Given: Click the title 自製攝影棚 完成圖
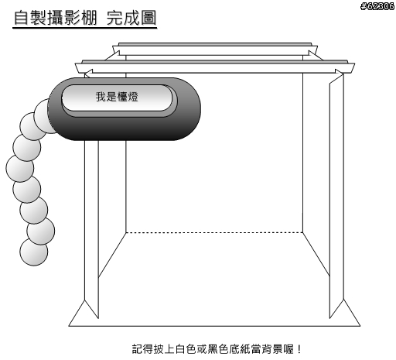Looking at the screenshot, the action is coord(85,18).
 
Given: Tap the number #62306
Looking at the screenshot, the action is coord(377,6).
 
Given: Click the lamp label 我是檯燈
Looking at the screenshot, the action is coord(117,97).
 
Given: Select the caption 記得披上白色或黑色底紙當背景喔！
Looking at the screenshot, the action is coord(217,349).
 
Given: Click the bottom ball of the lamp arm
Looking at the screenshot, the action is coord(34,252).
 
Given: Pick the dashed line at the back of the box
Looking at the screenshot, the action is coord(214,232).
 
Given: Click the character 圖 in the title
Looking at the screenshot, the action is coord(148,18).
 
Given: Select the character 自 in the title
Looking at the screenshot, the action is coord(21,18).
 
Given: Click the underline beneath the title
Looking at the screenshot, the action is coord(85,27).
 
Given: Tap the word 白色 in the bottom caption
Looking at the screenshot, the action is coord(186,349).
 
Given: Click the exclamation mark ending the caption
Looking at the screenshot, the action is coord(299,349).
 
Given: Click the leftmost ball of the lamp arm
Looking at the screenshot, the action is coord(19,168).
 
